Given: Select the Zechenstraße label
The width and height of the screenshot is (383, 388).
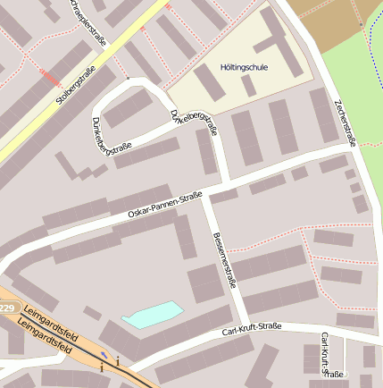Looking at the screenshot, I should click(345, 120).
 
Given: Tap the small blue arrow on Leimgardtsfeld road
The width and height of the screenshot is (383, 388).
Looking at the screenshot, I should click(104, 352).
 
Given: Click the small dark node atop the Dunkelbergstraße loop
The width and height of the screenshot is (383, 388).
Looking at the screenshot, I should click(128, 80).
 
